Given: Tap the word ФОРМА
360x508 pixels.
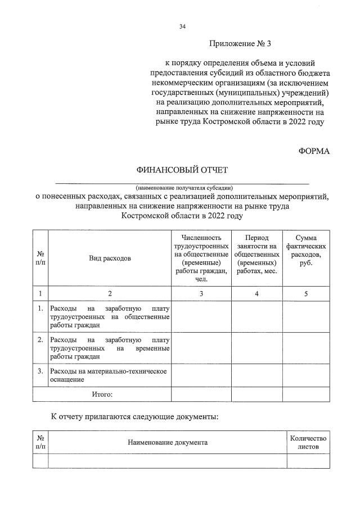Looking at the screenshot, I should tap(313, 151).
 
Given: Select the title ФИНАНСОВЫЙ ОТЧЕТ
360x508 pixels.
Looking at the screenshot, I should tap(181, 170).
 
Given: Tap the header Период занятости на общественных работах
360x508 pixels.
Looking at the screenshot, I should tap(256, 254).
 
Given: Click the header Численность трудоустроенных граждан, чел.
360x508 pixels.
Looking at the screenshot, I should tap(201, 258).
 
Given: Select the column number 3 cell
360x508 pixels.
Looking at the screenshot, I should tap(201, 293).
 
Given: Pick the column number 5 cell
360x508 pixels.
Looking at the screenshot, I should tap(306, 293).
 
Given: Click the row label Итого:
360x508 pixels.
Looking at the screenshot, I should tap(102, 394).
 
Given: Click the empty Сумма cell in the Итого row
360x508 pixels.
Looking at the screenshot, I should tap(306, 394).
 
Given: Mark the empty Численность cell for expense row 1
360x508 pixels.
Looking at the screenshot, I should tap(201, 317).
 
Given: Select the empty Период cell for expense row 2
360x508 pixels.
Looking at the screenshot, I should tap(256, 348).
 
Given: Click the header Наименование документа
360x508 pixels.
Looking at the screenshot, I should tap(168, 442).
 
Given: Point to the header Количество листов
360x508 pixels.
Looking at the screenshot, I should tap(307, 442).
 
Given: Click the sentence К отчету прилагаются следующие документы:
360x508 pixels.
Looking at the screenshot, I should tap(134, 417).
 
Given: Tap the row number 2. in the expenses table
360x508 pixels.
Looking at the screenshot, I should tap(40, 340).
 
